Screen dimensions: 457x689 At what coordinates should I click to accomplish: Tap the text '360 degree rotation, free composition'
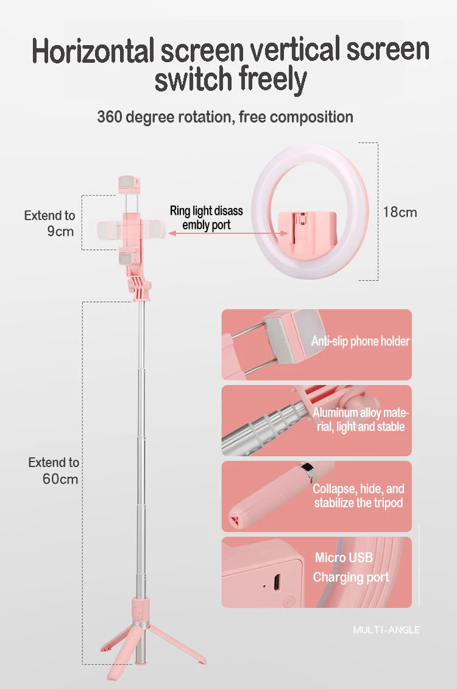[225, 116]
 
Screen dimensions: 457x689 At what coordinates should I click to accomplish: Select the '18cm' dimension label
[400, 212]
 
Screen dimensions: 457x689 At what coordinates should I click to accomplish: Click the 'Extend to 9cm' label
[50, 223]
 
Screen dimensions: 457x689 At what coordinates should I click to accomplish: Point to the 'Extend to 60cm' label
[54, 471]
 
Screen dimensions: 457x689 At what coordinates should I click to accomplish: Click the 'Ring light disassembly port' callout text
[206, 218]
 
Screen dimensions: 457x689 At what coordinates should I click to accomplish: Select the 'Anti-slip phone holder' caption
[360, 341]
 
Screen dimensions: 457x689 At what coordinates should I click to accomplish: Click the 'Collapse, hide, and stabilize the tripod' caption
[358, 496]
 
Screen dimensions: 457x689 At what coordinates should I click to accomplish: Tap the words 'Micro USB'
[344, 557]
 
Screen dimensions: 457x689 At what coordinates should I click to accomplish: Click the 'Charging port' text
[350, 577]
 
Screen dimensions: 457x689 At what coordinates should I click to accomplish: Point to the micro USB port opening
[278, 582]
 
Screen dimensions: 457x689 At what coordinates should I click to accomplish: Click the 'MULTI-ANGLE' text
[386, 629]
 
